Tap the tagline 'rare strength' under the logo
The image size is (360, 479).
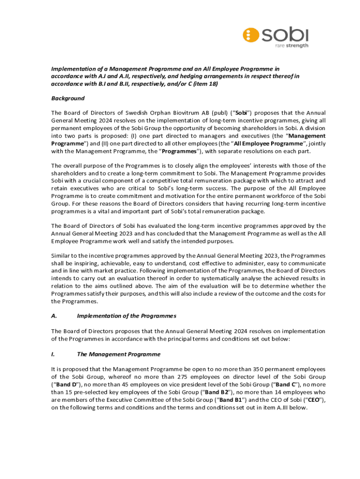pyautogui.click(x=291, y=45)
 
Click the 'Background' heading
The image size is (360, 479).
pyautogui.click(x=68, y=98)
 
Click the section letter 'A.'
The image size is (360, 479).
pyautogui.click(x=54, y=316)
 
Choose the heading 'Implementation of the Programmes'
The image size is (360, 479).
pyautogui.click(x=126, y=316)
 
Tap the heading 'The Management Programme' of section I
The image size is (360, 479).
pyautogui.click(x=118, y=354)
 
